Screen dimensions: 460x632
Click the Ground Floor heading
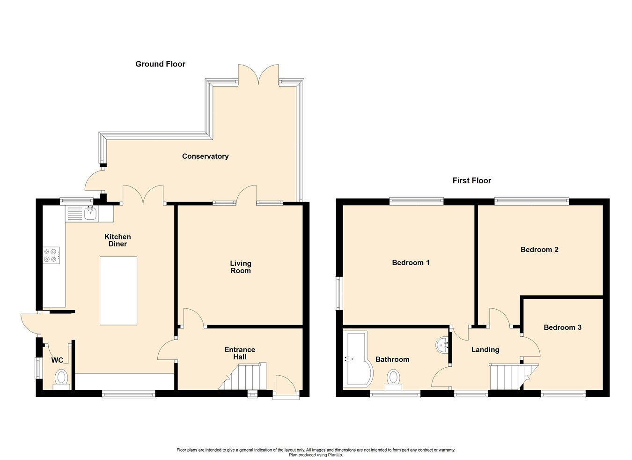(160, 64)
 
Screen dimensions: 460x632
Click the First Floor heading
(471, 181)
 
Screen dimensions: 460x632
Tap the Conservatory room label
(205, 156)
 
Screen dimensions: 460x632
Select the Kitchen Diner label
(118, 240)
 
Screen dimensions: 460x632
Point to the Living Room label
(240, 267)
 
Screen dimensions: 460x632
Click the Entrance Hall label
(240, 353)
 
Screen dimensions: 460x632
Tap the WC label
(57, 360)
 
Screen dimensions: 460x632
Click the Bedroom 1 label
(411, 263)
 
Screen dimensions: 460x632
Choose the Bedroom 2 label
(539, 250)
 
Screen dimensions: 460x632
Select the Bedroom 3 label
(562, 327)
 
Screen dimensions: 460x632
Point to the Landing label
(485, 350)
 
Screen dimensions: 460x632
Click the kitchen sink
(90, 215)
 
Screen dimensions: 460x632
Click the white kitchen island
(118, 290)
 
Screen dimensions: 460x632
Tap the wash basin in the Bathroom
(442, 346)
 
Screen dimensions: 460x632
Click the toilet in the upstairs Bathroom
(394, 378)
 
